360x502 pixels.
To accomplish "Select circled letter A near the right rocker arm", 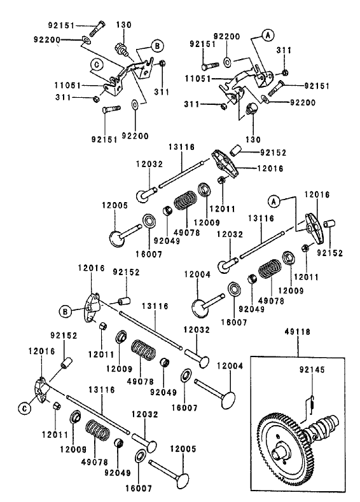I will coord(274,201).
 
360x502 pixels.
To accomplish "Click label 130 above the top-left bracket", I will coord(123,25).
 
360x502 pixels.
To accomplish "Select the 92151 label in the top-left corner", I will coord(62,25).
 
